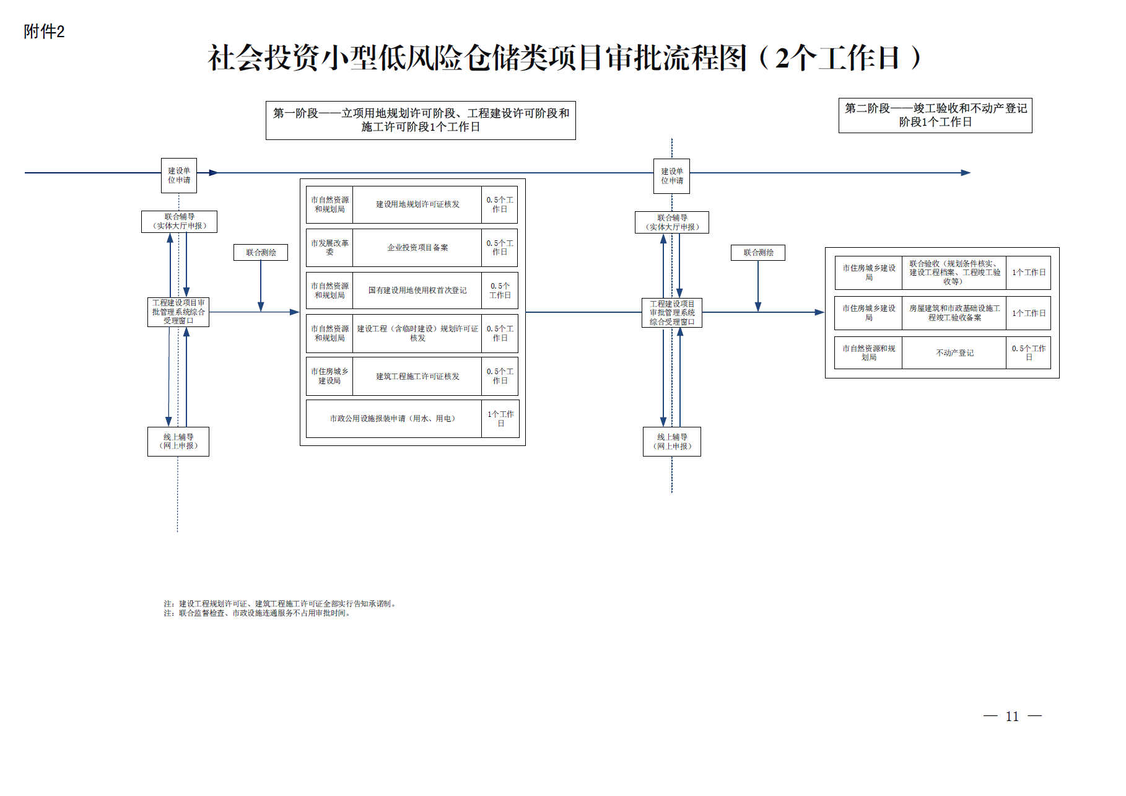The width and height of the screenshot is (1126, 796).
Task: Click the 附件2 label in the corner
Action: click(44, 32)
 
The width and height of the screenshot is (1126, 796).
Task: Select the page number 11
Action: click(1012, 717)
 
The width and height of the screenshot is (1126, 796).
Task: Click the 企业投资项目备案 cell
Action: click(417, 248)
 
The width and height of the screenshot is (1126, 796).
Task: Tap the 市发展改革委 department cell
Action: click(330, 248)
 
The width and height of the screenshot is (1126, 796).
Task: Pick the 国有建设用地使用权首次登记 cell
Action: click(417, 291)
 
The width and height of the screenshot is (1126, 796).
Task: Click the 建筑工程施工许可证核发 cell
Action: click(417, 377)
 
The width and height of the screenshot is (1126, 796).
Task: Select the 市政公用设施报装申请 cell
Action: click(393, 419)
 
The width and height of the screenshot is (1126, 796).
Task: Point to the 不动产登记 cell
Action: click(954, 353)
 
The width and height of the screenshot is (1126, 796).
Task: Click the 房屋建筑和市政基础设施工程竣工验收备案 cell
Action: click(954, 313)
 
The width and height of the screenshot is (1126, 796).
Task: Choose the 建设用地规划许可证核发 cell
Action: click(417, 204)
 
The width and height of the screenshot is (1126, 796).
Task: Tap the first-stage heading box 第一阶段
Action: click(421, 120)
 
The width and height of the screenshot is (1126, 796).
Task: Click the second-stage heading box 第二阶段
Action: click(935, 115)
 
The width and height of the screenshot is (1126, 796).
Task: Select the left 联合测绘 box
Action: click(261, 252)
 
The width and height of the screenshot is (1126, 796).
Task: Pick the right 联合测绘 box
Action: click(758, 252)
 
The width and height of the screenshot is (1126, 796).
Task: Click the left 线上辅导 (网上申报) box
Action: click(178, 442)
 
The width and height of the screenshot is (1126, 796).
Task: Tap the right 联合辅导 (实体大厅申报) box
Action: click(672, 222)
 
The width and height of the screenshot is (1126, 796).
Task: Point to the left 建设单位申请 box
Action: click(179, 175)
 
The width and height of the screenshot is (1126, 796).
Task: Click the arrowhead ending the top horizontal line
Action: click(966, 173)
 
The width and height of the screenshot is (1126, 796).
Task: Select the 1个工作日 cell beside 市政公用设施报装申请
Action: click(500, 419)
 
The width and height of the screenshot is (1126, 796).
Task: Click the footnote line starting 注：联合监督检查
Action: click(258, 613)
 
